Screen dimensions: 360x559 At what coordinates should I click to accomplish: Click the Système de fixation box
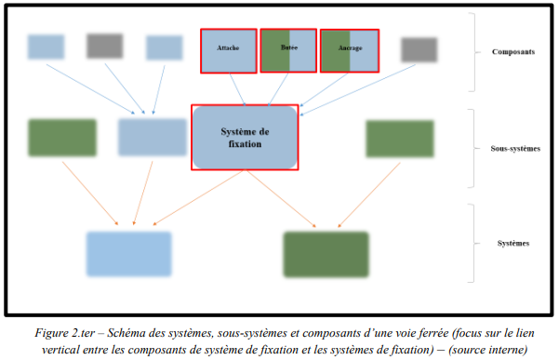(245, 138)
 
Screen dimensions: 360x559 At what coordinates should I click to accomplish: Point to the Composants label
(512, 52)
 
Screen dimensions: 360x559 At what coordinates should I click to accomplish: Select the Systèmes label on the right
(513, 243)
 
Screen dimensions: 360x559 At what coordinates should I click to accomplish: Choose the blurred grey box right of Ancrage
(418, 49)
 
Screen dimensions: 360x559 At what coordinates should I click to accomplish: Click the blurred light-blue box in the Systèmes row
(128, 254)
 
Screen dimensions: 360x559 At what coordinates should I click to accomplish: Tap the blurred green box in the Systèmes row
(326, 254)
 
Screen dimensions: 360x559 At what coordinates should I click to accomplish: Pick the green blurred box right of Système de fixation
(399, 139)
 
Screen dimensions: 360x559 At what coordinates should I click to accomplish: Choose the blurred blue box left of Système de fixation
(153, 138)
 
